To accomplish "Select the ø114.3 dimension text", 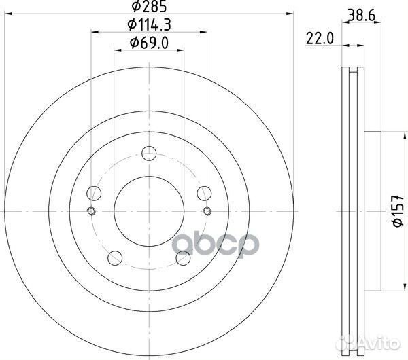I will (149, 25).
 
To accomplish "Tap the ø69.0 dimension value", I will (149, 44).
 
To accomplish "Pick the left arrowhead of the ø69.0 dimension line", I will (116, 50).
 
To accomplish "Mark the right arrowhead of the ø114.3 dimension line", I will (204, 31).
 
